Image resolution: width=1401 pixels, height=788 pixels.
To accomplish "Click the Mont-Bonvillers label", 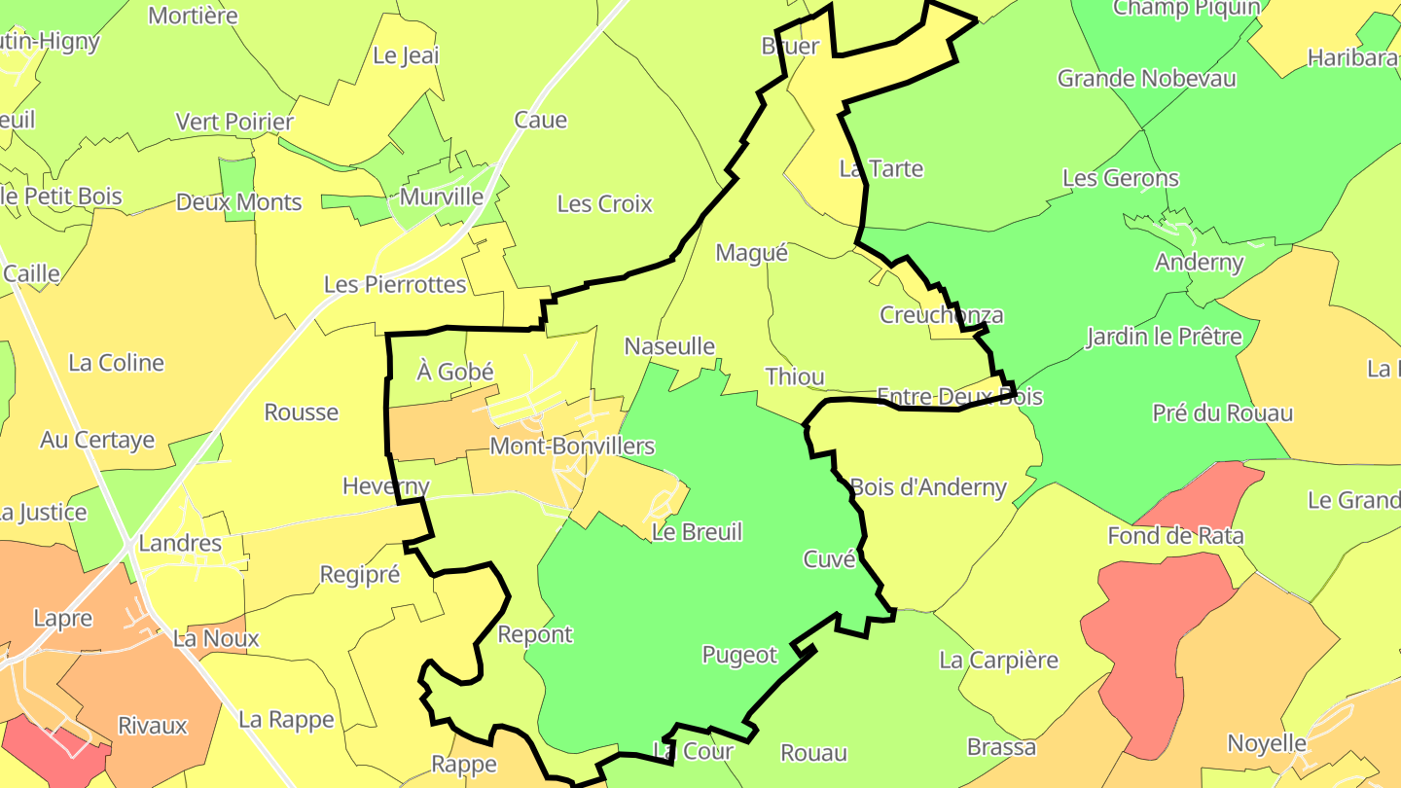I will tap(572, 447).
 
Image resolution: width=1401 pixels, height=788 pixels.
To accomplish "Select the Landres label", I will tap(180, 543).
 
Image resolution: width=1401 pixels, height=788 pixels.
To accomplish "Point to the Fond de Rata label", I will tap(1175, 535).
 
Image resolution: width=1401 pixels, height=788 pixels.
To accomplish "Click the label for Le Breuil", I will tap(697, 532).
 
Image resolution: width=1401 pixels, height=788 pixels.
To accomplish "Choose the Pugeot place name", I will tap(739, 655).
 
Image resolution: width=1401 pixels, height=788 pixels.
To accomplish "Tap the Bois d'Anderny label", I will tap(928, 486).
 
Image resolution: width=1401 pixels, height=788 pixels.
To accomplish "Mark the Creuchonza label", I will tap(941, 315).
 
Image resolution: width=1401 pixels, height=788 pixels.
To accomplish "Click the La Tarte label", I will tap(880, 168).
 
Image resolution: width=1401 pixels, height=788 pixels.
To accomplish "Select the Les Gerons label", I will tap(1120, 178).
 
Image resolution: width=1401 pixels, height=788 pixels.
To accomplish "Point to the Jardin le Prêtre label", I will tap(1164, 337).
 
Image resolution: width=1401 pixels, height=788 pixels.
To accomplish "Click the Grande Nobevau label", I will tap(1146, 78).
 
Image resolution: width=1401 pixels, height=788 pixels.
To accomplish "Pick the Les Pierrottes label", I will tap(395, 285).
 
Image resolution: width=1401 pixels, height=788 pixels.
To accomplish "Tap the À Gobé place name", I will tap(455, 372).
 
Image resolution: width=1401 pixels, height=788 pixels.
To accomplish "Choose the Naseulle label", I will tap(669, 346).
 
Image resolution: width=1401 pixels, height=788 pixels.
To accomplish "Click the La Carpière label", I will tap(998, 660).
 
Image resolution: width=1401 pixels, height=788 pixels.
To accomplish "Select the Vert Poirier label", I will tap(234, 122).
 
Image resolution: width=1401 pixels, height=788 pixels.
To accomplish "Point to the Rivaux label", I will tap(152, 726).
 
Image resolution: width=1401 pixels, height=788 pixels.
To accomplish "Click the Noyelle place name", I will tap(1267, 743).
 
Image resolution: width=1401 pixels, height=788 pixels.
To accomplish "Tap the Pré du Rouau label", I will tap(1222, 412).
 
